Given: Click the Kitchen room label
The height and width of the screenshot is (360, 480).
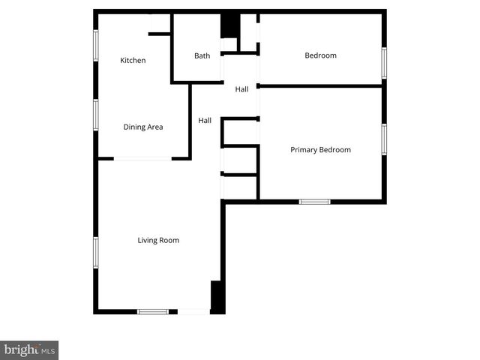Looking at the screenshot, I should (x=133, y=61).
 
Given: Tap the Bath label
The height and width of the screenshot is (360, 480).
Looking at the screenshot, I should (x=202, y=55).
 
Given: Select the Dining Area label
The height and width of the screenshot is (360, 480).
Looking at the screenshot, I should (x=143, y=127).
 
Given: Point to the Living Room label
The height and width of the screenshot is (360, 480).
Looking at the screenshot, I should (x=158, y=240).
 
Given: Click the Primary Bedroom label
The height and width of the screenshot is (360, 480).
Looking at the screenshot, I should (x=320, y=150).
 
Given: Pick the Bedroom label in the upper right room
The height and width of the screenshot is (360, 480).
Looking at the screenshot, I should (x=320, y=55).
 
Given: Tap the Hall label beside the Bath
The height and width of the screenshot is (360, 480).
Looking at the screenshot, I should (x=241, y=89).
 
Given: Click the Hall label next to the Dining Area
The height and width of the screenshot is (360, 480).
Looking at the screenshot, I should (x=205, y=120).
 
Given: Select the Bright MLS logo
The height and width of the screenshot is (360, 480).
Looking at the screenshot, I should (x=29, y=349).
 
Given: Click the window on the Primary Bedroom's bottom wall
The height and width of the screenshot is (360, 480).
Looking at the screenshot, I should (x=314, y=201).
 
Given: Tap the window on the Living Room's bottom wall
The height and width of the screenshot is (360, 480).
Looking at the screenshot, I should (x=152, y=311).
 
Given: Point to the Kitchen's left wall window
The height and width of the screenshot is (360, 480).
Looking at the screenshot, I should (x=96, y=46).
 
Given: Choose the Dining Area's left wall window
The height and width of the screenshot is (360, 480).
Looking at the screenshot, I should (x=96, y=115).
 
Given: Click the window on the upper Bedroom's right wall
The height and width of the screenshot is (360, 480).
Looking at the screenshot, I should (x=383, y=62).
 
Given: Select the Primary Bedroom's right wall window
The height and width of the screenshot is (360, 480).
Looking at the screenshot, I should (x=383, y=139).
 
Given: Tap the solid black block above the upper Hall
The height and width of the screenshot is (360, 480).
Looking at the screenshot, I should (x=229, y=25).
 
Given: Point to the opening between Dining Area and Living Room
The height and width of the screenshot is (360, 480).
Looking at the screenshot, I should (x=142, y=158).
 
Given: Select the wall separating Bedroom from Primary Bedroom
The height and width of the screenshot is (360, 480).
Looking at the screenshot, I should (x=320, y=85).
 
